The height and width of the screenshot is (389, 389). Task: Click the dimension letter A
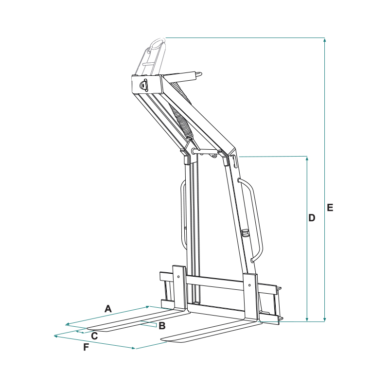[108, 309]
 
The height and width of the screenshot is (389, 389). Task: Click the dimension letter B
[162, 326]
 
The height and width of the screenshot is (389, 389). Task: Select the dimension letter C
[94, 336]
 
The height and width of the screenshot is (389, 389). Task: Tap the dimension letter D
[312, 218]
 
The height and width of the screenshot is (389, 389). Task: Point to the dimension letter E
[330, 208]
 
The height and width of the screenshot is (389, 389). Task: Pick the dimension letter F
[86, 347]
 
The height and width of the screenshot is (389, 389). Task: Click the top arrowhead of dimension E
[324, 39]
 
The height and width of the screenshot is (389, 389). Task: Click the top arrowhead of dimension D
[307, 159]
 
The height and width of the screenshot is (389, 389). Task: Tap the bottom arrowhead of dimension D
[307, 319]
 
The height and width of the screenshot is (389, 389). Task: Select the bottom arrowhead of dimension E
[324, 319]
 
